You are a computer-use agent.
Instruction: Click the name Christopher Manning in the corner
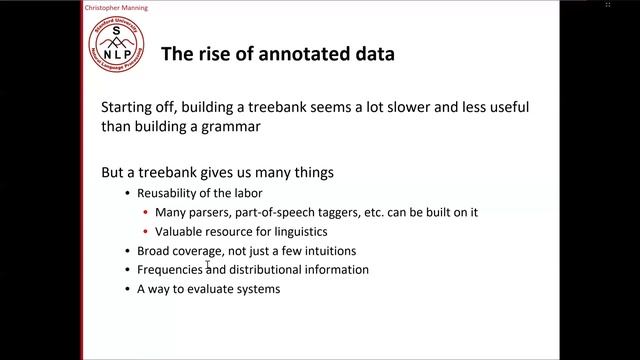click(x=38, y=6)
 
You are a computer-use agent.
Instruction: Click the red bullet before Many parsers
click(x=146, y=212)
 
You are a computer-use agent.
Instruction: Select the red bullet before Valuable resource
click(x=146, y=231)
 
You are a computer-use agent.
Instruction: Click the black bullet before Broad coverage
click(x=127, y=251)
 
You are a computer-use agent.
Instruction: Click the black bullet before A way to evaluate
click(x=127, y=290)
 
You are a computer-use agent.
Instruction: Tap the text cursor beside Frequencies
click(x=207, y=266)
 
